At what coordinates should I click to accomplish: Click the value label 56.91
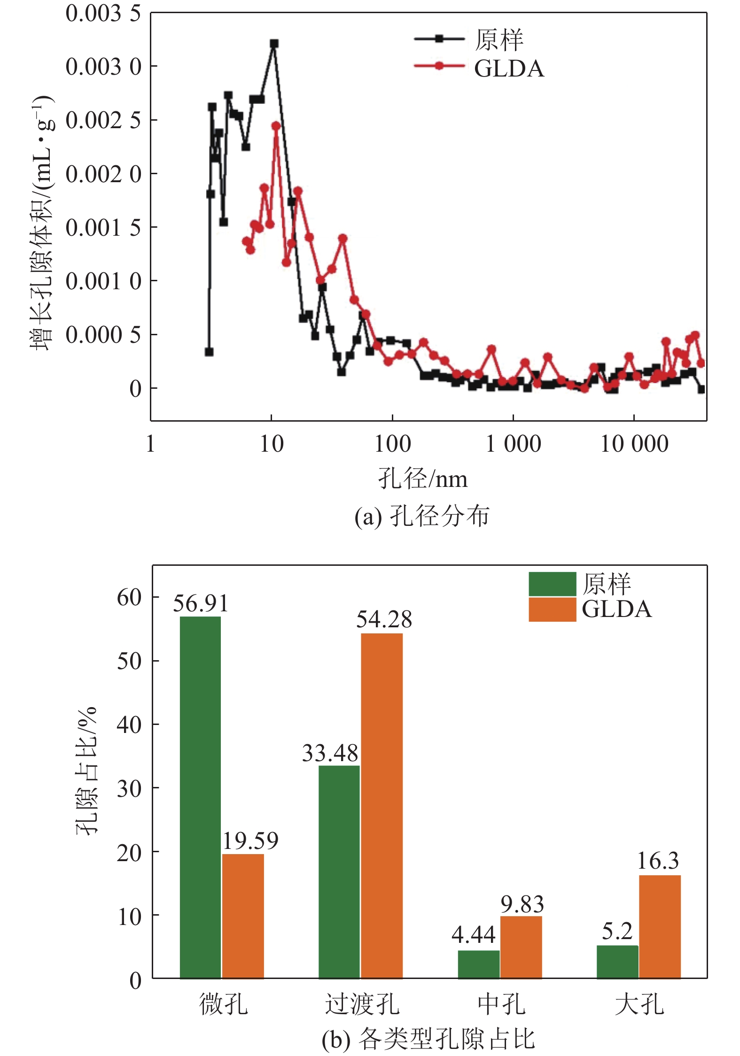tap(201, 603)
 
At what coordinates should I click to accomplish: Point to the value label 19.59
tap(250, 840)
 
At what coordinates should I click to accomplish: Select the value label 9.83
tap(522, 904)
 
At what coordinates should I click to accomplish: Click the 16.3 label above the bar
tap(658, 861)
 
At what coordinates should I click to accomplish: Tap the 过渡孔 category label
tap(362, 1004)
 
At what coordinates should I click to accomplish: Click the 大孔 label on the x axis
tap(639, 1004)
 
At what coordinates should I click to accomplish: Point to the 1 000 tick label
tap(513, 444)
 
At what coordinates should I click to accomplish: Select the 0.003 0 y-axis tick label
tap(103, 67)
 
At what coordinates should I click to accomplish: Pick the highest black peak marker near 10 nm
tap(274, 44)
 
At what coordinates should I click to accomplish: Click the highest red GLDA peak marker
tap(276, 126)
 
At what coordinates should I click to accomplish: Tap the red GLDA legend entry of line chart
tap(479, 68)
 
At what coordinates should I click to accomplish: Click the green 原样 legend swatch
tap(552, 584)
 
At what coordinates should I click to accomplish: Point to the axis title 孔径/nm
tap(423, 479)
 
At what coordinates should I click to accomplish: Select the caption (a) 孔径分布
tap(422, 516)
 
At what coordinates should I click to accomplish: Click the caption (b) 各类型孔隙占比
tap(428, 1039)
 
